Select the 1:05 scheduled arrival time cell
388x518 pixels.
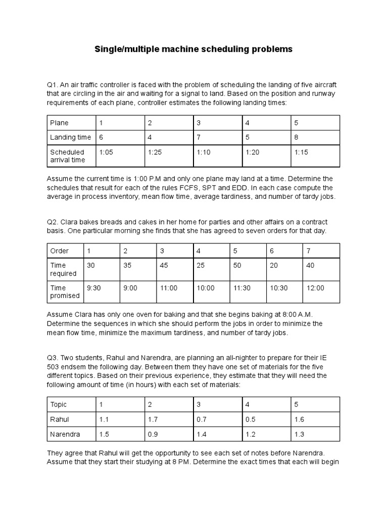click(106, 152)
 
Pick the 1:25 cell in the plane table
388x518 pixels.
click(155, 152)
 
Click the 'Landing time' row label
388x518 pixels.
click(70, 137)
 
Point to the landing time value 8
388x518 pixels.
click(296, 137)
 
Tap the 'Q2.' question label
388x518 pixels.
click(53, 222)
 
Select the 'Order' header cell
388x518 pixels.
click(60, 251)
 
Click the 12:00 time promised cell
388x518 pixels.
click(316, 287)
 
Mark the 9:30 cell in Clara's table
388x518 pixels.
click(94, 287)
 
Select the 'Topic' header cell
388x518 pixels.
click(59, 405)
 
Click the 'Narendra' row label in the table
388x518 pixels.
click(65, 434)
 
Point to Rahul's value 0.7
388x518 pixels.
click(201, 419)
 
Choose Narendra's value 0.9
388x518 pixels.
click(153, 434)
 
